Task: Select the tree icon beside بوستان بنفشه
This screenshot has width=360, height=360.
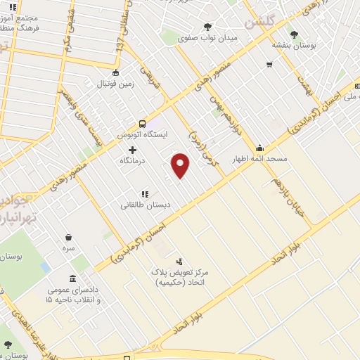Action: [294, 34]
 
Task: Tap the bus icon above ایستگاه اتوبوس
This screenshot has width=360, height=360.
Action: [142, 122]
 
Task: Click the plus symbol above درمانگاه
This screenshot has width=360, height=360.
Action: [132, 150]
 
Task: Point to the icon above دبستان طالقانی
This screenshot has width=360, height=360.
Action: [144, 194]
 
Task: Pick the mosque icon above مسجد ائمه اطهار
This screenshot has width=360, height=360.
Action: [261, 148]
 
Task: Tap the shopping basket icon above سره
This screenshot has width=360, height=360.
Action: [68, 238]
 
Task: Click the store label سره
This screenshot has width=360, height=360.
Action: [68, 249]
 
